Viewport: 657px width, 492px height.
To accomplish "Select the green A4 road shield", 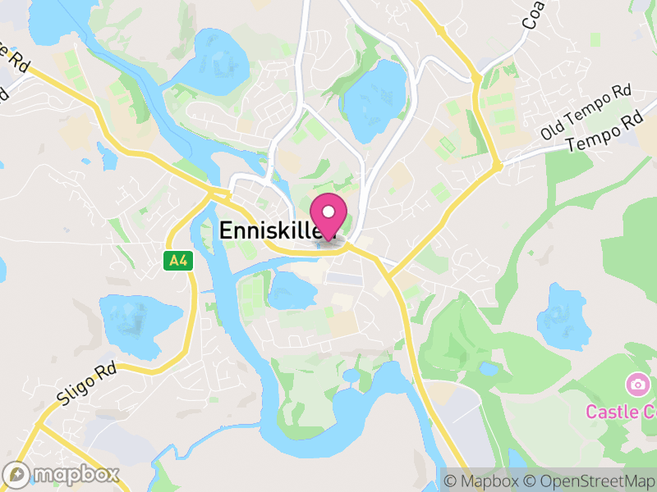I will (176, 261).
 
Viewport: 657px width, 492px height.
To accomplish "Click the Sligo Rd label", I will (88, 385).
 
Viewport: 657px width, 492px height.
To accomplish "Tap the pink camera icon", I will (636, 384).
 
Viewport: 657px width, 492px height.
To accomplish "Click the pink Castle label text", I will (621, 411).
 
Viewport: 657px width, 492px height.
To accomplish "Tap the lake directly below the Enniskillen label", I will (289, 291).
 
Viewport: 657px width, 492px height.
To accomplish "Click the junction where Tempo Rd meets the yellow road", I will (497, 166).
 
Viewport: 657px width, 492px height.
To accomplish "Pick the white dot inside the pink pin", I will (328, 211).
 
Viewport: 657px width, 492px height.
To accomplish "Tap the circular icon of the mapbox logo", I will (16, 474).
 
